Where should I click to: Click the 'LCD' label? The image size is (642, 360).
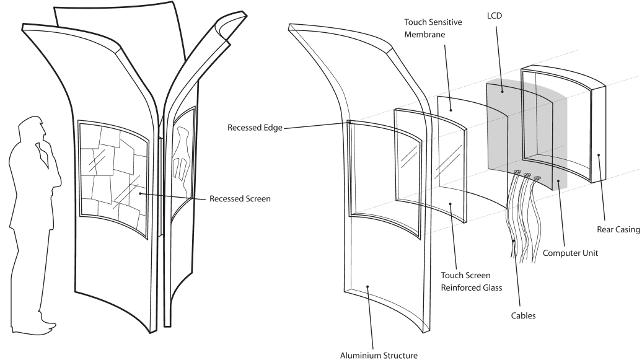[x=494, y=15]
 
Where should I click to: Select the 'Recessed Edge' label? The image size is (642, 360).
[x=255, y=128]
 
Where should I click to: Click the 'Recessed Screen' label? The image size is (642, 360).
[x=240, y=200]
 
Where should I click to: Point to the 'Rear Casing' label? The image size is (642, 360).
[x=618, y=230]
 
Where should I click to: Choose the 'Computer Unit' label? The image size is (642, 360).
[x=571, y=253]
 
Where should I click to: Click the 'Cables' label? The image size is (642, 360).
[x=523, y=316]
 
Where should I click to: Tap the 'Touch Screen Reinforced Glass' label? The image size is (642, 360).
[x=465, y=281]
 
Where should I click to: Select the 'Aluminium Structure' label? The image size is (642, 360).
[x=379, y=355]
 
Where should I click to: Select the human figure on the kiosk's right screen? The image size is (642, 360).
[x=180, y=155]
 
